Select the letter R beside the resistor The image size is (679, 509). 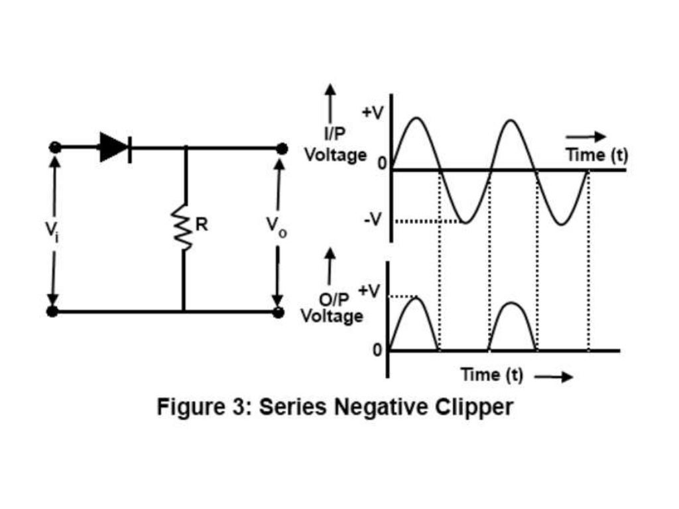202,225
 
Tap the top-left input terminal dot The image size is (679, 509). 55,147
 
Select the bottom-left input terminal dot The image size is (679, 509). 53,311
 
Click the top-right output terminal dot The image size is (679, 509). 282,148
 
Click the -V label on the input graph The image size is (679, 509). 372,220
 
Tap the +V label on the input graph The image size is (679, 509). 372,112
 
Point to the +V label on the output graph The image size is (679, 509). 369,290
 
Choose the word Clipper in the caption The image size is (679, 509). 473,406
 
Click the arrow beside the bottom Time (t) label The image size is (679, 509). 552,377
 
